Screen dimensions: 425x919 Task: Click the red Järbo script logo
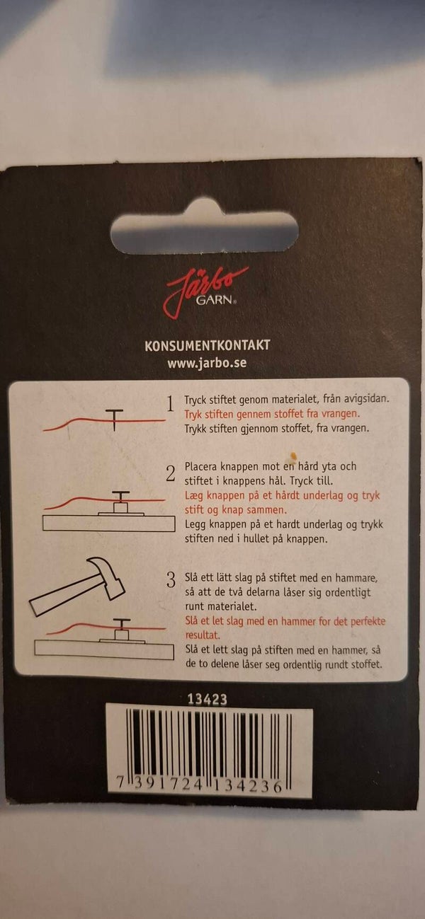(205, 291)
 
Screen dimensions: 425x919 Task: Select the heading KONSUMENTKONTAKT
(208, 345)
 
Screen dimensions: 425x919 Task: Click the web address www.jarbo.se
(207, 364)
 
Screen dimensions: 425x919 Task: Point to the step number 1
(171, 404)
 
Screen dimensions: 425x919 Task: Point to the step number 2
(171, 474)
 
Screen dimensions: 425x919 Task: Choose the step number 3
(171, 579)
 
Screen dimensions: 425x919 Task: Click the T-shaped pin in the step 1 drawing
(115, 420)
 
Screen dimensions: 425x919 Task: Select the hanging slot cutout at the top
(205, 231)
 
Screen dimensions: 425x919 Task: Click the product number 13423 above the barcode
(207, 700)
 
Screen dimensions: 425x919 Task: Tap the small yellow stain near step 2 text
(293, 455)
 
